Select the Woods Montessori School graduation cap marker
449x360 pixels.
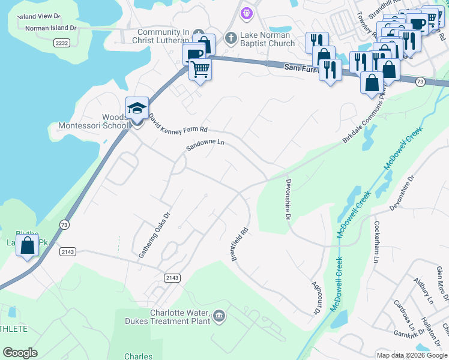click(x=137, y=109)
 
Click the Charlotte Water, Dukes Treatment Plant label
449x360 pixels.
click(x=168, y=316)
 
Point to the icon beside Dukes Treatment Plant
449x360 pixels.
click(x=219, y=316)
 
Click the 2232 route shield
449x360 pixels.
click(x=61, y=43)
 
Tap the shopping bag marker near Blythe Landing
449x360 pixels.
click(x=28, y=245)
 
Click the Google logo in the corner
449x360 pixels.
click(x=20, y=353)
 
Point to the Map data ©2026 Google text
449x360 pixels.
click(x=411, y=355)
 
